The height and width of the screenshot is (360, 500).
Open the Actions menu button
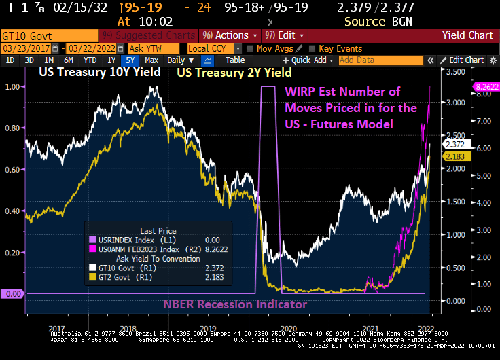click(231, 35)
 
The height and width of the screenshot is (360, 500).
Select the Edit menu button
click(285, 35)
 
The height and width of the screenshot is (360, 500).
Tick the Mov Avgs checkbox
click(251, 48)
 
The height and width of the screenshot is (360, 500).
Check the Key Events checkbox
click(312, 48)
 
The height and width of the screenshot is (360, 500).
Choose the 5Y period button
click(128, 60)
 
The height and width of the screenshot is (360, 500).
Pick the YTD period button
click(90, 60)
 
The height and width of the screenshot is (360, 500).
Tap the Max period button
click(151, 60)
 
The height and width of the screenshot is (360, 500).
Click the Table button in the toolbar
click(235, 60)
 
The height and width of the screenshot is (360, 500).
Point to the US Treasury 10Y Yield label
click(99, 72)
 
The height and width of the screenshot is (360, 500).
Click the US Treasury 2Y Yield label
click(234, 72)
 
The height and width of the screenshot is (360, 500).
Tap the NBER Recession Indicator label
click(235, 304)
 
